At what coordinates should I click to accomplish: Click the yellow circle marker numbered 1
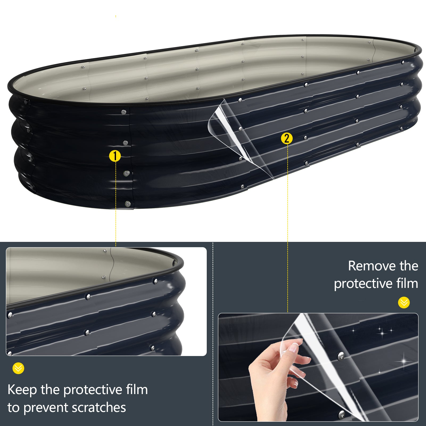pyautogui.click(x=115, y=156)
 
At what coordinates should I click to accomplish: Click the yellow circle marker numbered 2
pyautogui.click(x=287, y=138)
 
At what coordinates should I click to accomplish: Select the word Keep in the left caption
pyautogui.click(x=22, y=390)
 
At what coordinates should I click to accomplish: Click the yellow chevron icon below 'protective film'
pyautogui.click(x=404, y=303)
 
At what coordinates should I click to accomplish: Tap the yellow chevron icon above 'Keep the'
pyautogui.click(x=18, y=368)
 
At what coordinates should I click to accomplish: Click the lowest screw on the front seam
pyautogui.click(x=128, y=204)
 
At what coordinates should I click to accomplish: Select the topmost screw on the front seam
pyautogui.click(x=124, y=112)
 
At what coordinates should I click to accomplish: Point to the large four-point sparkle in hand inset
pyautogui.click(x=404, y=361)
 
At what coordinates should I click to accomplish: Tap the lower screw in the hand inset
pyautogui.click(x=342, y=414)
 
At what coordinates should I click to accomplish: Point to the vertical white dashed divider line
pyautogui.click(x=213, y=333)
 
